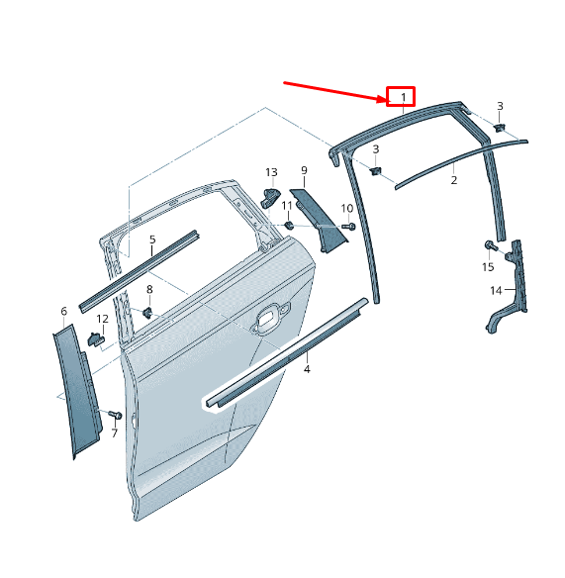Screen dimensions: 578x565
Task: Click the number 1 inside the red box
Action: coord(403,97)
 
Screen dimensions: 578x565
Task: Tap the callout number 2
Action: coord(454,180)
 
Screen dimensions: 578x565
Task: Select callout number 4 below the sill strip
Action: coord(307,369)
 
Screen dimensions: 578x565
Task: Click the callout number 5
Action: coord(152,240)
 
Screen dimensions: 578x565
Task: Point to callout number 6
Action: coord(64,312)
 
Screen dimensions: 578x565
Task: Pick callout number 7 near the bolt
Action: coord(114,433)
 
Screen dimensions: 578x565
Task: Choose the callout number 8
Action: coord(149,290)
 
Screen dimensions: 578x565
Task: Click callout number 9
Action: coord(304,171)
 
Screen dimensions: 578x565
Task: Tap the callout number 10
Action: coord(347,208)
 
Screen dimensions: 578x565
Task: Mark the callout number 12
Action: coord(102,319)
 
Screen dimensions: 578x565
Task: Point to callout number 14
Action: coord(496,290)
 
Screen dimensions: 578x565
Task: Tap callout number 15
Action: coord(488,267)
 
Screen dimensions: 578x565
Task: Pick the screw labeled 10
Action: coord(348,227)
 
